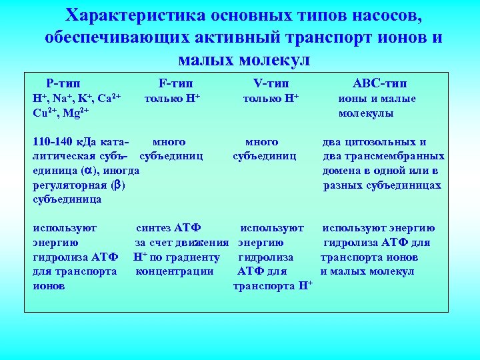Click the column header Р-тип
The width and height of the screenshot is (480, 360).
[x=63, y=83]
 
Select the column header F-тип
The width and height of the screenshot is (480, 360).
[x=175, y=83]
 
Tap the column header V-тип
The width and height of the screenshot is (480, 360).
[x=271, y=83]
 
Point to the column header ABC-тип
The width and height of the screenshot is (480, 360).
[x=380, y=83]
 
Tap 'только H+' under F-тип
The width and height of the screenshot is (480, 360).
[x=173, y=99]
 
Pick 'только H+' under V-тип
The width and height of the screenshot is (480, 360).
[x=270, y=99]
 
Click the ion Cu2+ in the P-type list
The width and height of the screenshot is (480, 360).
[x=45, y=113]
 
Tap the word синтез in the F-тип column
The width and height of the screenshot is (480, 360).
[x=154, y=229]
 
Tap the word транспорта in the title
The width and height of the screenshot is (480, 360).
[x=316, y=37]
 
